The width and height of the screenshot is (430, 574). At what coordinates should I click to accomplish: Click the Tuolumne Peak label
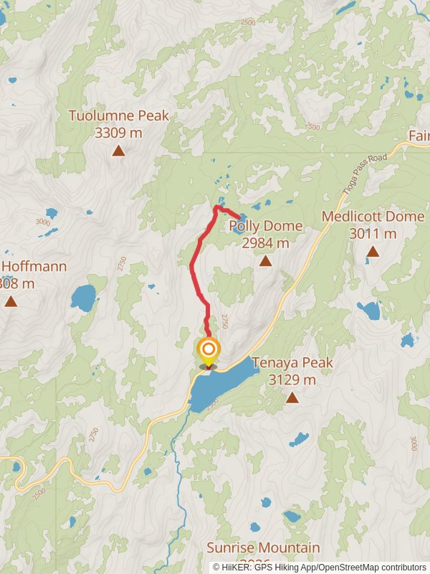tap(119, 116)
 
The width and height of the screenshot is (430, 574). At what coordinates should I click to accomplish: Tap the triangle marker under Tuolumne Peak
tap(118, 150)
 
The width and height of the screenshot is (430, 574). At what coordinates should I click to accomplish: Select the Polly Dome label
tap(266, 227)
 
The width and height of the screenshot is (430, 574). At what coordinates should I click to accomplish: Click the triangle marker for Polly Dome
tap(265, 260)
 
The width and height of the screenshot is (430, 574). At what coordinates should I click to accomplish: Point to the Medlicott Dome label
tap(373, 217)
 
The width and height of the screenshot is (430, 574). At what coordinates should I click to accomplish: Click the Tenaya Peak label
tap(292, 363)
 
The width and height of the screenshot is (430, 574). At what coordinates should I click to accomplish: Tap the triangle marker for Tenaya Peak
tap(292, 396)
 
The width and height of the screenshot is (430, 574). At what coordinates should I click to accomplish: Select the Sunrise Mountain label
tap(264, 548)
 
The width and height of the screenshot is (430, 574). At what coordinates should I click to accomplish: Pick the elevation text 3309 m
tap(119, 132)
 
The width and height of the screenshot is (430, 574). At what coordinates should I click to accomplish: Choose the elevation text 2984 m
tap(266, 243)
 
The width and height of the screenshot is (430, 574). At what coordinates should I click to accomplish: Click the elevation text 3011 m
tap(373, 233)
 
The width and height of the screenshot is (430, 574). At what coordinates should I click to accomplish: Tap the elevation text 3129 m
tap(292, 380)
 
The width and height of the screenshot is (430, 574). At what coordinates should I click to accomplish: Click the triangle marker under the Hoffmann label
tap(11, 301)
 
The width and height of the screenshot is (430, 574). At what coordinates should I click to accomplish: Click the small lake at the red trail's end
tap(239, 219)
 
